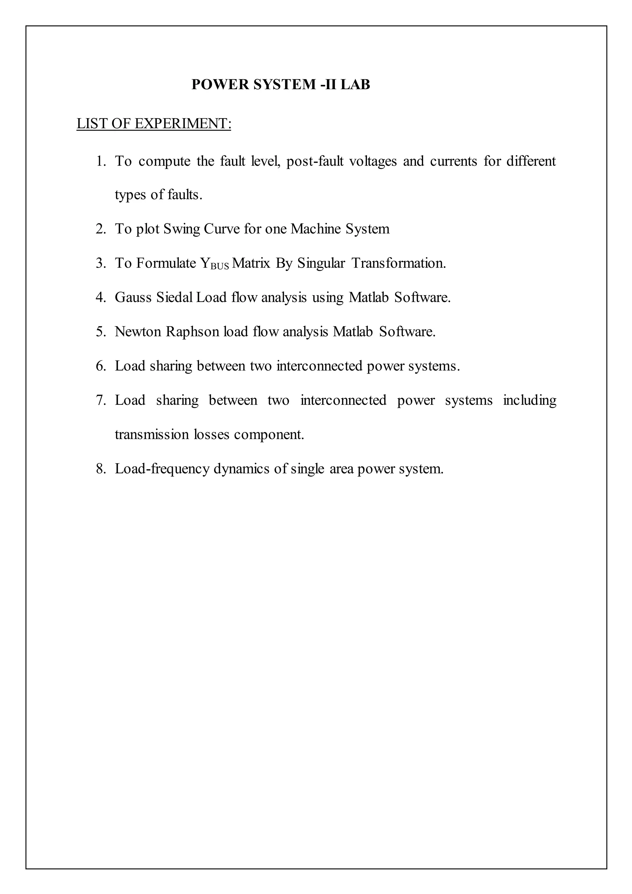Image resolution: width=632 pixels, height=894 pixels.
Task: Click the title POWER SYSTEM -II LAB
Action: click(x=281, y=85)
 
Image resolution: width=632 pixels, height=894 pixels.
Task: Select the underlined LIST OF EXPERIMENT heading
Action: click(x=154, y=124)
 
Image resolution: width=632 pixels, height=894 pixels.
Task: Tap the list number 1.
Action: click(x=101, y=161)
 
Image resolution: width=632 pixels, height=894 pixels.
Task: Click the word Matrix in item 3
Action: click(x=251, y=264)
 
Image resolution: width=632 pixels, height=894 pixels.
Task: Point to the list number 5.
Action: click(x=101, y=332)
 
